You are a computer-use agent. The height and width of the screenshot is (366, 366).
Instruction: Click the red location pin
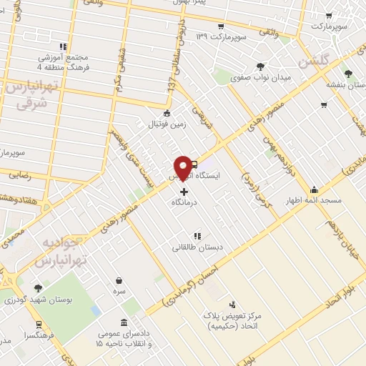click(x=184, y=167)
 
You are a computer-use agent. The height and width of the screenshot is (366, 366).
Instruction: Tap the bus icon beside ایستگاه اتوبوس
click(x=194, y=163)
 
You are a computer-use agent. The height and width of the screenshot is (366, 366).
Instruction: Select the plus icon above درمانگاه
click(x=184, y=192)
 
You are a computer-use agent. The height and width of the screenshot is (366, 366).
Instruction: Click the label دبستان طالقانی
click(x=197, y=247)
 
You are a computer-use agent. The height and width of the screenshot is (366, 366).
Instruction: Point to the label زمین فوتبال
click(x=167, y=124)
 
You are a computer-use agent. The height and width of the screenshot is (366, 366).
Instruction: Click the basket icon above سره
click(x=118, y=281)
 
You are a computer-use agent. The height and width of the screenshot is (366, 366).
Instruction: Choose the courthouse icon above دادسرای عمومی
click(x=124, y=322)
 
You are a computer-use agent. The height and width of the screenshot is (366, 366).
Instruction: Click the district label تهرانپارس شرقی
click(x=30, y=93)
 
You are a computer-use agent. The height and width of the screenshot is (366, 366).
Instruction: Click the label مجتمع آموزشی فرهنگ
click(x=61, y=62)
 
